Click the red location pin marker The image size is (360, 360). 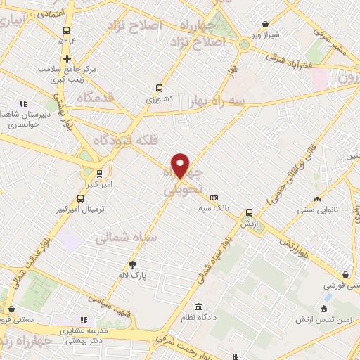pyautogui.click(x=181, y=165)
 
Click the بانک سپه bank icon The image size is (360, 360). pyautogui.click(x=214, y=198)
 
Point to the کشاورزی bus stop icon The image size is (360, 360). pyautogui.click(x=159, y=89)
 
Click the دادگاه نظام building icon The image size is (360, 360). pyautogui.click(x=199, y=307)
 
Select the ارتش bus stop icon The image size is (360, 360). pyautogui.click(x=249, y=212)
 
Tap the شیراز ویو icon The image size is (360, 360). pyautogui.click(x=264, y=24)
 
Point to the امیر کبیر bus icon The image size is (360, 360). pyautogui.click(x=99, y=173)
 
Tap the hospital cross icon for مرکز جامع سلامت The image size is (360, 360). pyautogui.click(x=67, y=59)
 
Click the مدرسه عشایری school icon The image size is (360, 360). pyautogui.click(x=85, y=319)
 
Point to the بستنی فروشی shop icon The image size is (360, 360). pyautogui.click(x=345, y=275)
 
